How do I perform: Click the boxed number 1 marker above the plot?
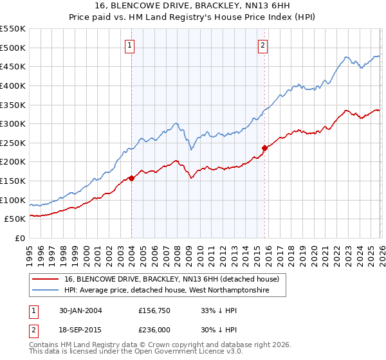pos(131,45)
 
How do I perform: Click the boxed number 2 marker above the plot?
pos(264,45)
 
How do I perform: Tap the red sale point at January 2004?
pos(131,178)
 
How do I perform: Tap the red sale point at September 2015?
pos(264,148)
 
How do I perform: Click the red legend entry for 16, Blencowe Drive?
pos(172,279)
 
